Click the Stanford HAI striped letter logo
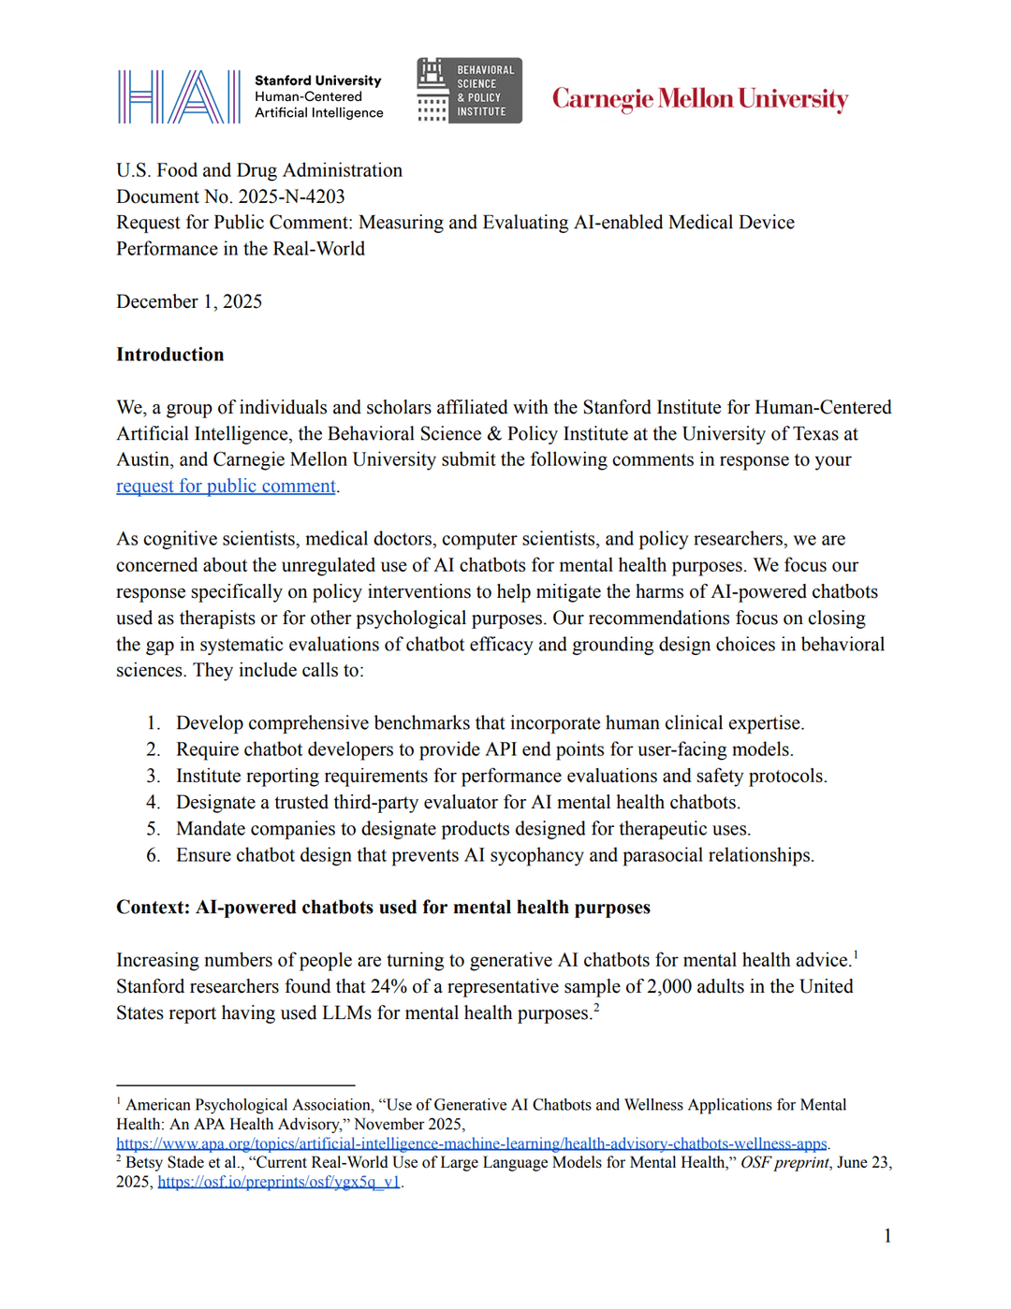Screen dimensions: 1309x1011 click(179, 96)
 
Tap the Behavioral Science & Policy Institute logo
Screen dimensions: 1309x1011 click(469, 91)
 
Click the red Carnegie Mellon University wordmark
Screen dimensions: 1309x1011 click(699, 99)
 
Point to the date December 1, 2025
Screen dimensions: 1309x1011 click(189, 301)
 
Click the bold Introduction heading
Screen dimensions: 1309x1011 click(170, 355)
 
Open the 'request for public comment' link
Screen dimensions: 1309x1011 click(226, 486)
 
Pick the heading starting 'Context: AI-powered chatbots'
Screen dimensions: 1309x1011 click(383, 908)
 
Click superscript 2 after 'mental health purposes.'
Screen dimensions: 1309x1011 click(596, 1008)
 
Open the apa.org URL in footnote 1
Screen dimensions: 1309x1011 click(471, 1143)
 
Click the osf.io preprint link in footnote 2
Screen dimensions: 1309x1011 click(279, 1182)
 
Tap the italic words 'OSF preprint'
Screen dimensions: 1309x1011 click(784, 1162)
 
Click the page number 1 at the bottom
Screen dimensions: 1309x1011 click(887, 1236)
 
